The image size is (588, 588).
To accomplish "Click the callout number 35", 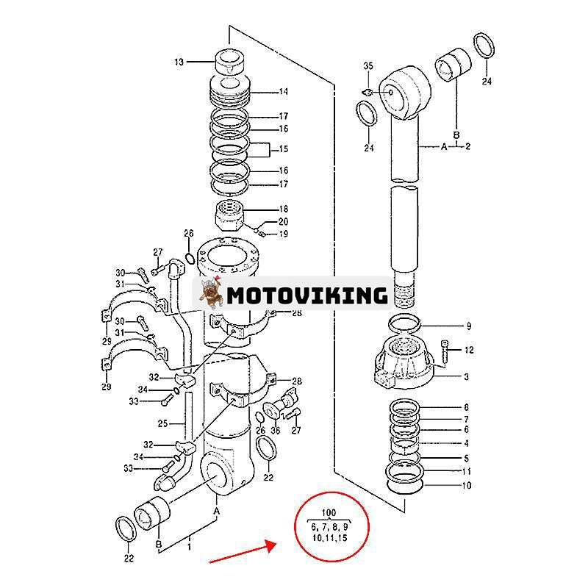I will (x=369, y=67).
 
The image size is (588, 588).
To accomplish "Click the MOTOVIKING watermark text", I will (x=306, y=295).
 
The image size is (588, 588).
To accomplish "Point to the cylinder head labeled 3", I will (x=404, y=364).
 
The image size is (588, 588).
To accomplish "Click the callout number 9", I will (x=468, y=326).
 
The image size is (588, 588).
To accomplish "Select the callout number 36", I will (x=275, y=431).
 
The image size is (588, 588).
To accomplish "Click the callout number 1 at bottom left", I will (x=188, y=547).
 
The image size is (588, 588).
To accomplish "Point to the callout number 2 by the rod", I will (x=468, y=146).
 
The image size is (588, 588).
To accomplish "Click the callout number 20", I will (x=283, y=222).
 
